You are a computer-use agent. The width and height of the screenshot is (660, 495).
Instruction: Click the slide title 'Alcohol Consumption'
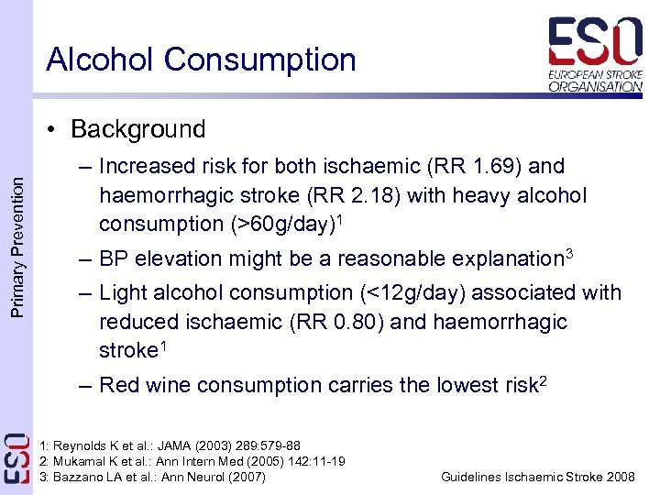201,60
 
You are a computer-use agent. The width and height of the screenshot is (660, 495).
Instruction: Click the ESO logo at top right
594,54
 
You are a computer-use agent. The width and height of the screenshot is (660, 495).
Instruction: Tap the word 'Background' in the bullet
137,129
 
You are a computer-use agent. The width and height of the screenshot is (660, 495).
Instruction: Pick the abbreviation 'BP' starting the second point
115,259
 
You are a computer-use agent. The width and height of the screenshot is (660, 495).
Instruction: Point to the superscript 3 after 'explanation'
568,253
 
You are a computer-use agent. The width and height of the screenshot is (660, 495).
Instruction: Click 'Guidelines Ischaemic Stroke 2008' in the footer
537,477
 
